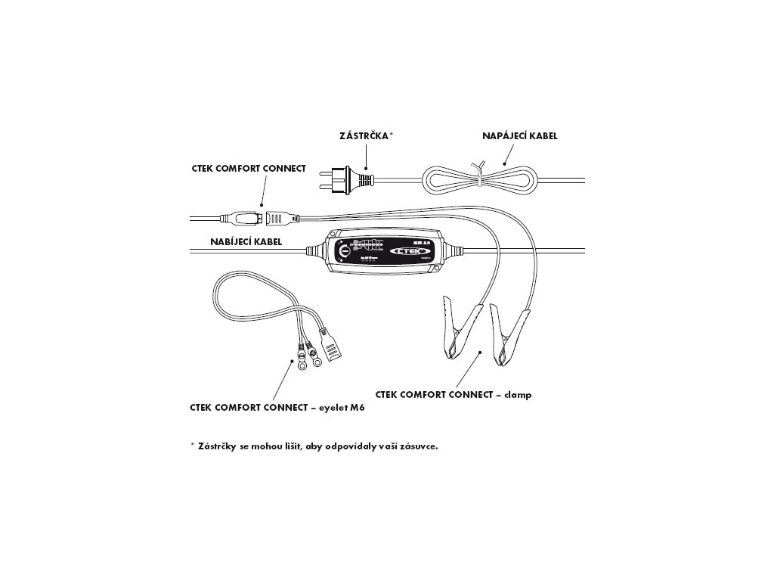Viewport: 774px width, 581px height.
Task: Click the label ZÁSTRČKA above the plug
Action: point(365,135)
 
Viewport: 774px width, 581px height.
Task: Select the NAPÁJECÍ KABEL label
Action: point(520,136)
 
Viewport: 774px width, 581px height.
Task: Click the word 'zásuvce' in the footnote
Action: point(417,446)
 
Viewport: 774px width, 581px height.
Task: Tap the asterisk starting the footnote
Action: point(193,446)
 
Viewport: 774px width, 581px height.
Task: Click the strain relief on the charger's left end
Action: point(315,248)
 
